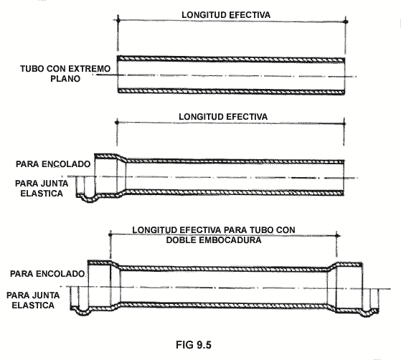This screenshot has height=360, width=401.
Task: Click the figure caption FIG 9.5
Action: [194, 345]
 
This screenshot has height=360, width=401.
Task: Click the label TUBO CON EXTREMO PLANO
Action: [65, 74]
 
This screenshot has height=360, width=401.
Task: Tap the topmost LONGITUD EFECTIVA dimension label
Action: [226, 15]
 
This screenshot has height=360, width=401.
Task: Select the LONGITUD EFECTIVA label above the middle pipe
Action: [223, 117]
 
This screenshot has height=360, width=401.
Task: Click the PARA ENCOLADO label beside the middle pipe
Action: [53, 164]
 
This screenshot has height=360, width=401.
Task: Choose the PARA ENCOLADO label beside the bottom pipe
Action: [47, 274]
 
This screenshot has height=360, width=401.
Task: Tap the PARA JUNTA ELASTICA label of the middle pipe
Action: [42, 189]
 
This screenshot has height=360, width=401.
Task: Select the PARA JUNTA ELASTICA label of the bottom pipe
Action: [33, 300]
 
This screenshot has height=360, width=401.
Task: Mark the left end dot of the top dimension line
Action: [118, 19]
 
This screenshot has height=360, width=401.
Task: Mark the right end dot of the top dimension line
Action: [346, 22]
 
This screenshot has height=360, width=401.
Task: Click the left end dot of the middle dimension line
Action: [117, 123]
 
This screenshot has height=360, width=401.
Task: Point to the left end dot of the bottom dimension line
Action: [110, 234]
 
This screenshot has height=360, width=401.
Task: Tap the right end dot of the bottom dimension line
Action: [337, 235]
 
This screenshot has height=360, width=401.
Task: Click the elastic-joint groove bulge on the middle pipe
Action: [89, 199]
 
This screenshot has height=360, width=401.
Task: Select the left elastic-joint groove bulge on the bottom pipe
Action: [83, 313]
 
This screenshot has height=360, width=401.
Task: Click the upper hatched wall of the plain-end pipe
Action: [231, 59]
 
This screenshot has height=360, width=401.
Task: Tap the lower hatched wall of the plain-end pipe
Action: [231, 91]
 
